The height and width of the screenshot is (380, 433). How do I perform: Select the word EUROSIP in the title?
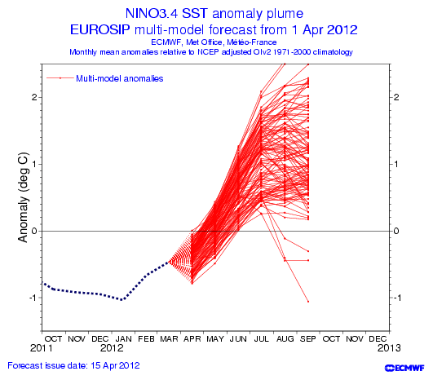pos(99,29)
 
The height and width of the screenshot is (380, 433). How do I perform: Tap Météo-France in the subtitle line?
pos(252,42)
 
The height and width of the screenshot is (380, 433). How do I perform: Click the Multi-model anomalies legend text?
pos(120,79)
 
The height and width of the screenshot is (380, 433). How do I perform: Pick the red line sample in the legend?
pos(60,78)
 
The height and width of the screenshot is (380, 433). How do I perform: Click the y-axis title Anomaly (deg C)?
pos(23,197)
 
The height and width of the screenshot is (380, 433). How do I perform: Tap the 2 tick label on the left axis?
pos(34,97)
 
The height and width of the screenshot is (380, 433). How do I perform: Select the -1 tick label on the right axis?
pos(397,298)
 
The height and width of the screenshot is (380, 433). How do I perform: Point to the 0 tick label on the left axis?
pos(34,231)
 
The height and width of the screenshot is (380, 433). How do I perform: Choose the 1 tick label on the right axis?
pos(396,164)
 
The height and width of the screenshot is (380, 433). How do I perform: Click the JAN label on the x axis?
pos(123,339)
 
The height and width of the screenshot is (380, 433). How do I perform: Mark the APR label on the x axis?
pos(192,339)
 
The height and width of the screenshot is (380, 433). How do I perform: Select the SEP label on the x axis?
pos(308,339)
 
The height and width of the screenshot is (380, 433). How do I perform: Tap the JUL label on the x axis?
pos(262,339)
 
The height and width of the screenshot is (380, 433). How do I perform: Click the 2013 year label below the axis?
pos(389,348)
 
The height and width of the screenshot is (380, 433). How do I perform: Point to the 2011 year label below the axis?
pos(42,348)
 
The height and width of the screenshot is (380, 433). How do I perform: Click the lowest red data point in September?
pos(308,302)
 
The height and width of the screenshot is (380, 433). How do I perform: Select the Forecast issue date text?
pos(73,365)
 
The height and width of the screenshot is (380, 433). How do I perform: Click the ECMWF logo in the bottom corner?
pos(404,368)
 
